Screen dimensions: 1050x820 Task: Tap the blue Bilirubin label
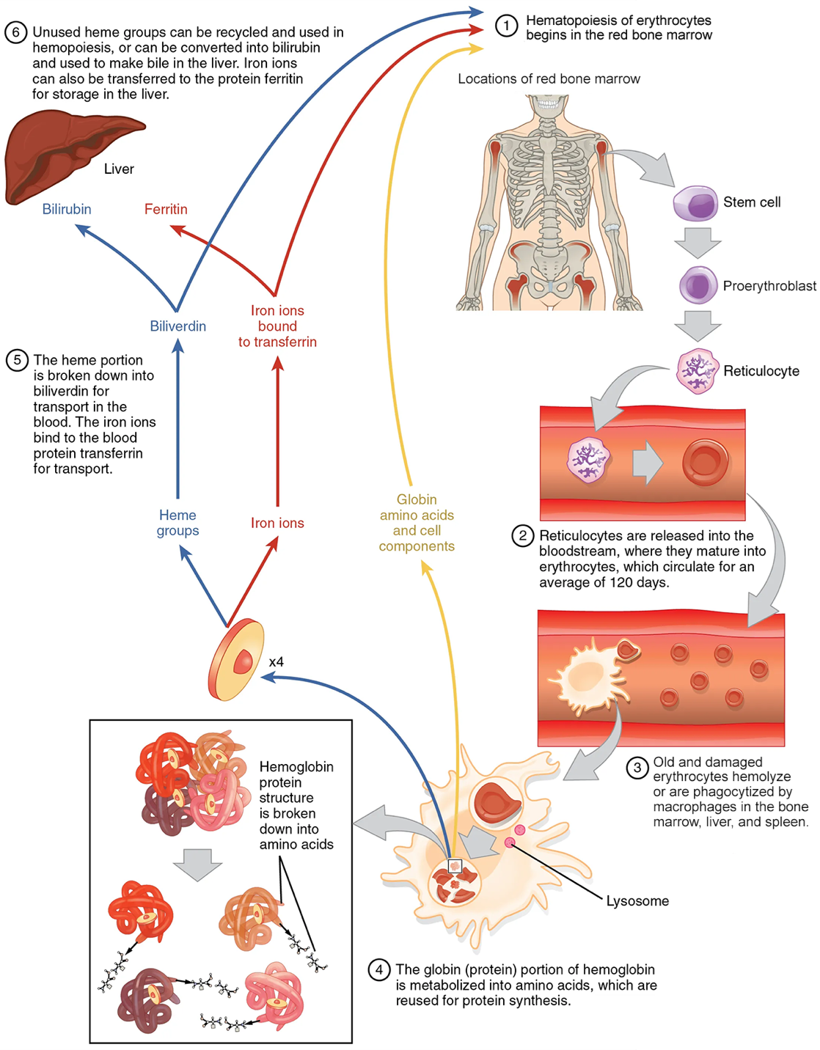click(x=67, y=209)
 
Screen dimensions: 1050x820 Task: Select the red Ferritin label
click(x=166, y=209)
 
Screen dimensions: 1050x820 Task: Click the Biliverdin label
click(x=177, y=326)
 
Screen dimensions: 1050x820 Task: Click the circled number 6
click(x=15, y=32)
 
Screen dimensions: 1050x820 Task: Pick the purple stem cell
click(x=695, y=203)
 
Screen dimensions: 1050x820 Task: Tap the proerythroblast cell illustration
click(x=698, y=285)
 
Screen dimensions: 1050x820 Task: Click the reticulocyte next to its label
click(x=696, y=371)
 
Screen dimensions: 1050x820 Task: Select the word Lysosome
click(x=637, y=901)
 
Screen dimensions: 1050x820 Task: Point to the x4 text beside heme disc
click(x=276, y=662)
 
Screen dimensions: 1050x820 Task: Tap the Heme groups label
click(x=177, y=523)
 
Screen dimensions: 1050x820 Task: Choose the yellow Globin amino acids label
click(x=417, y=523)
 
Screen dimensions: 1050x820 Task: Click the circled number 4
click(x=378, y=970)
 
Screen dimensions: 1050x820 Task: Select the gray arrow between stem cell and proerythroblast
click(x=698, y=243)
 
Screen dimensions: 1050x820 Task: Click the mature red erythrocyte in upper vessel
click(x=705, y=463)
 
